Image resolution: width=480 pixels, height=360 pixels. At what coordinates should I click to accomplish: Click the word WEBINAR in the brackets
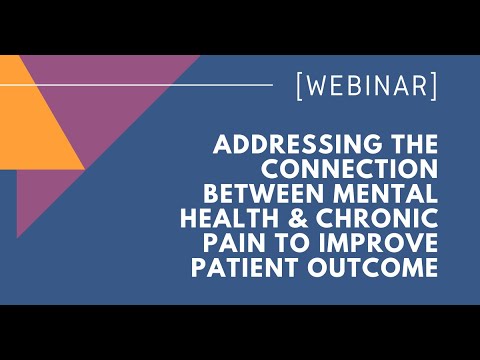[x=366, y=87]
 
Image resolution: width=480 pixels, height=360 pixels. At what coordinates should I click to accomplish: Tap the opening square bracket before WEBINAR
[x=301, y=87]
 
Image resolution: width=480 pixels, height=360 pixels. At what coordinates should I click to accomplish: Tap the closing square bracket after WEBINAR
[x=432, y=87]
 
